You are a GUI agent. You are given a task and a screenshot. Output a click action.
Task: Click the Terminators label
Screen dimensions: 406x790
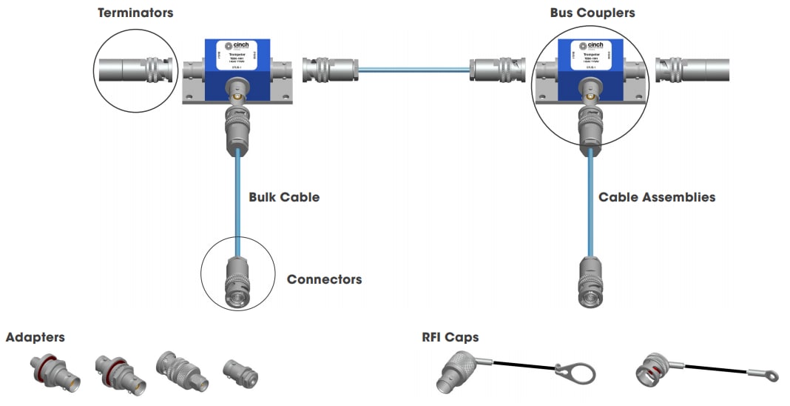(x=135, y=13)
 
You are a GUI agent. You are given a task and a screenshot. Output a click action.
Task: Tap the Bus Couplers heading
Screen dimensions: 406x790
(x=592, y=13)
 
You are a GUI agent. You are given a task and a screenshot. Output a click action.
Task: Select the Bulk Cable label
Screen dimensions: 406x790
(x=283, y=198)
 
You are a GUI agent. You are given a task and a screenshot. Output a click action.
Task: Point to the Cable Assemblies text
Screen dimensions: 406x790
(x=656, y=197)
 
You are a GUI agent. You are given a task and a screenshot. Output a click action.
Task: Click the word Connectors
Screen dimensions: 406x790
(x=324, y=279)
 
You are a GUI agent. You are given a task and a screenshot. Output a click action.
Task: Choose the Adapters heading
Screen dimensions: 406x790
(x=35, y=337)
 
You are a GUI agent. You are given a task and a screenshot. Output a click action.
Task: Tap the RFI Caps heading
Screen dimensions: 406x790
(x=450, y=337)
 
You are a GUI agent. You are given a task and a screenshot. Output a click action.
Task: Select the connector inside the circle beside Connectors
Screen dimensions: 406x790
(x=238, y=282)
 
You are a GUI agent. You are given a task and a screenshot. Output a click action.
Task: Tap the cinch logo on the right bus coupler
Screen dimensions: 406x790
(x=590, y=47)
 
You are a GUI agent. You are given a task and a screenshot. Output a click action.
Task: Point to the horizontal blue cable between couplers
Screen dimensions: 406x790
(x=413, y=70)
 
